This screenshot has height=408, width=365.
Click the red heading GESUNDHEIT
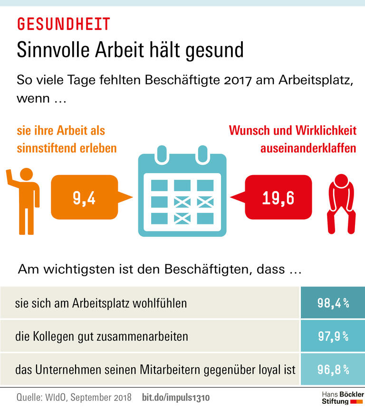[x=64, y=24]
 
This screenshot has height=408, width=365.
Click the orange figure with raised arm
[x=22, y=200]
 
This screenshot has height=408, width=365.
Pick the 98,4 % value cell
[x=333, y=303]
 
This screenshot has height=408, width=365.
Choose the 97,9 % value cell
[x=333, y=336]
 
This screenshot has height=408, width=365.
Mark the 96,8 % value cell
[x=333, y=369]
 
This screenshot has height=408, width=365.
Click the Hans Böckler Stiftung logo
[x=343, y=398]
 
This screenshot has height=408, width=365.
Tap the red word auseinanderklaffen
[x=308, y=148]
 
